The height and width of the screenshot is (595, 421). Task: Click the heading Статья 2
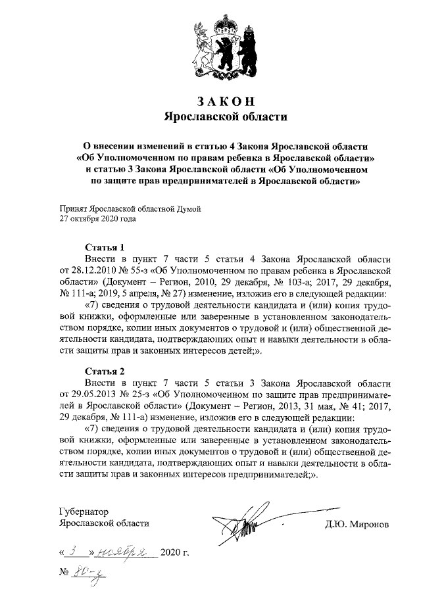tap(105, 370)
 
